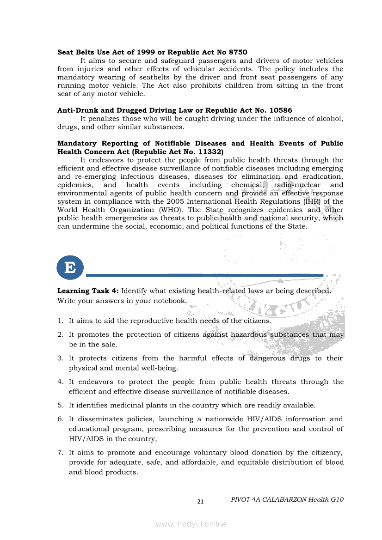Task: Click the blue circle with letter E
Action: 70,267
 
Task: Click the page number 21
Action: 200,502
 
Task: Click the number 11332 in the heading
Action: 211,152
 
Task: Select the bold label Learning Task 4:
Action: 88,291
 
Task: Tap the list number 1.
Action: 60,321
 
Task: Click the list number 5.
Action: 60,405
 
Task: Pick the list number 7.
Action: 60,452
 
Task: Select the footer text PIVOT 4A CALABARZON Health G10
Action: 287,499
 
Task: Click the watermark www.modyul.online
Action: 191,524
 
